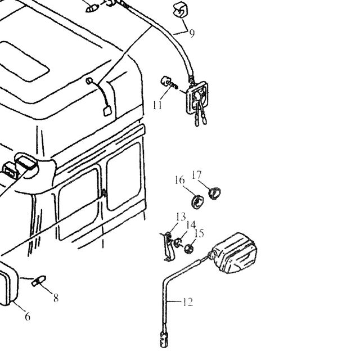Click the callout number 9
pos(192,34)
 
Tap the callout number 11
pos(157,105)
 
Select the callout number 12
pos(188,302)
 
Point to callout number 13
pos(181,217)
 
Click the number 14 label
pos(191,225)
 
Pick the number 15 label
pos(199,233)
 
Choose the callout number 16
pos(179,180)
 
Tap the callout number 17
pos(196,175)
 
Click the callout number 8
pos(56,298)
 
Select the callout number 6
pos(28,317)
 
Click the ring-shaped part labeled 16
pos(197,202)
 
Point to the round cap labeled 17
pos(214,193)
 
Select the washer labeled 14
pos(177,242)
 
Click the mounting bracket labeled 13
pos(169,247)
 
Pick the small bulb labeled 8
pos(39,281)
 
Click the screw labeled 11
pos(169,83)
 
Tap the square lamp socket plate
pos(197,97)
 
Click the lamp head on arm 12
pos(234,253)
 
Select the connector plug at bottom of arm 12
pos(164,339)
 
